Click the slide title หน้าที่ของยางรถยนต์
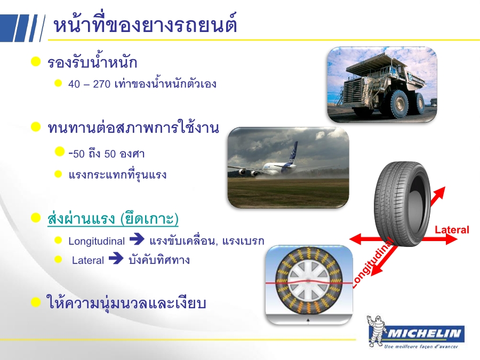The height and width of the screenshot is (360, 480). point(145,25)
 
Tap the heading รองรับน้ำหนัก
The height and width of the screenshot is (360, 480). point(92,62)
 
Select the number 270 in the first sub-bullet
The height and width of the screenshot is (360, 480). point(101,84)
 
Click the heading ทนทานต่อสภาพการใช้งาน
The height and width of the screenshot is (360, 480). point(133,127)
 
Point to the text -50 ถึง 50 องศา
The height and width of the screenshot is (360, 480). point(107,153)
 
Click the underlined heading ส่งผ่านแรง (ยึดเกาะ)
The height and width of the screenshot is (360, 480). point(113,218)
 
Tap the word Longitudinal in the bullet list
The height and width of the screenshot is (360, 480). point(97,241)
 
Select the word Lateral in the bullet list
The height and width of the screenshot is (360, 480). point(88,260)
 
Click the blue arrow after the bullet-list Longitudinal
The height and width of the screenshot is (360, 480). point(137,239)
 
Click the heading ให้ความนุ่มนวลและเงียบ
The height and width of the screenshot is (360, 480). point(126,303)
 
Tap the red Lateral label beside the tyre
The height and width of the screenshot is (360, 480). point(452,229)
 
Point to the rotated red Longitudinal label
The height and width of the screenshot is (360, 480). point(372,263)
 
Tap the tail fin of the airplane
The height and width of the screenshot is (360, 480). point(292,153)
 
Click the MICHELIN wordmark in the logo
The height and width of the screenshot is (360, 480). point(425,333)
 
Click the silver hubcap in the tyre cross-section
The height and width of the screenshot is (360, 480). point(308,281)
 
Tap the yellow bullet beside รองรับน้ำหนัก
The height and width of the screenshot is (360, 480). point(36,61)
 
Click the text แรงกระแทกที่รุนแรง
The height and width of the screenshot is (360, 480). point(117,175)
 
